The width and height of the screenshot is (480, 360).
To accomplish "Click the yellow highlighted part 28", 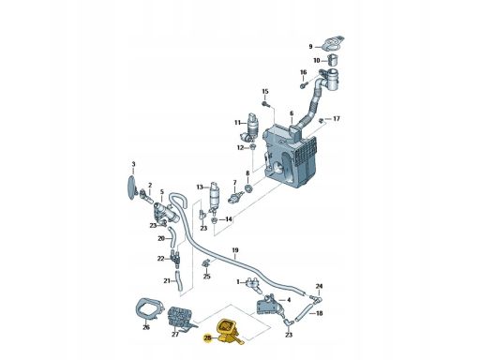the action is tap(228, 332).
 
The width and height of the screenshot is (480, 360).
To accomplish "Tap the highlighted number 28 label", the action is tap(207, 337).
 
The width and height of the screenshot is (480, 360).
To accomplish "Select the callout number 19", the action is tap(235, 250).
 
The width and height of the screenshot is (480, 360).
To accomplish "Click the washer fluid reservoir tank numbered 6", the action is tap(291, 156).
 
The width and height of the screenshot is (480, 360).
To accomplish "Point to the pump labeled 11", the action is tap(251, 127).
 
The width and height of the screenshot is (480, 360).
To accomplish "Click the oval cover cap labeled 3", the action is tap(132, 187).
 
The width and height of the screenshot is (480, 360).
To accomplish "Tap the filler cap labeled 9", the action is tap(334, 43).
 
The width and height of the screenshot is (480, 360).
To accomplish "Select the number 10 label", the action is tap(317, 60).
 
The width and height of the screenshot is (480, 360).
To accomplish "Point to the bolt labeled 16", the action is tap(304, 85).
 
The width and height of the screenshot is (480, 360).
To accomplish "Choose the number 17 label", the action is tap(337, 119).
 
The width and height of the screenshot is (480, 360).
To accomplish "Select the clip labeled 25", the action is tap(205, 263).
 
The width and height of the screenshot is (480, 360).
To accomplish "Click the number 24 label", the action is tap(319, 286).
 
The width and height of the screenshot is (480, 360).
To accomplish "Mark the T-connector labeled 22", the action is tap(175, 258).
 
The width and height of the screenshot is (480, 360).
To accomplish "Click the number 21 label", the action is tap(167, 281).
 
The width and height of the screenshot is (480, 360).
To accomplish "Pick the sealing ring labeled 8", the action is tap(248, 189).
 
